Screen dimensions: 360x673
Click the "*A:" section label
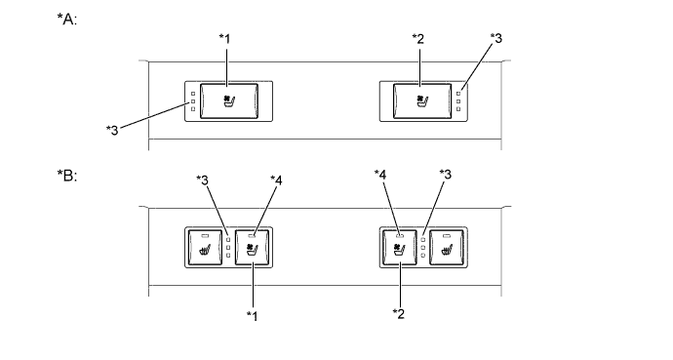tap(68, 20)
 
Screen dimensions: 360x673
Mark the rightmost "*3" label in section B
tap(448, 175)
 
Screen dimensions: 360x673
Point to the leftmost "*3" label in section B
tap(203, 180)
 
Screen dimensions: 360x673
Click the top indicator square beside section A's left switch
tap(194, 91)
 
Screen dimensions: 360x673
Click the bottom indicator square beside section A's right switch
tap(458, 109)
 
